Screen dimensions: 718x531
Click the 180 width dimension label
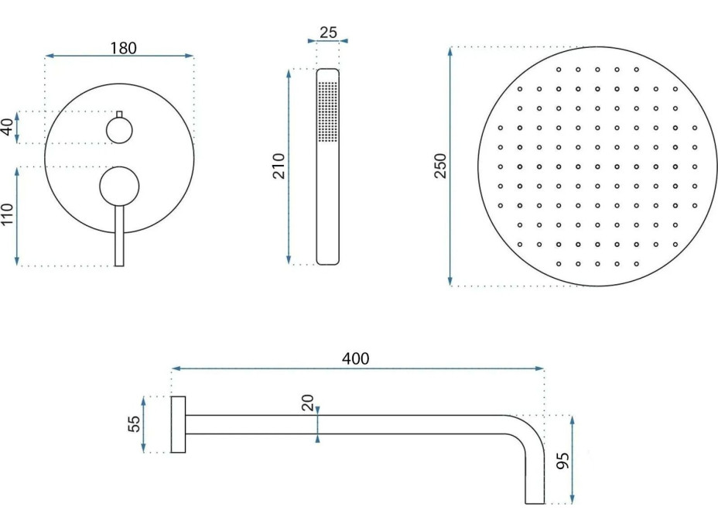pyautogui.click(x=123, y=48)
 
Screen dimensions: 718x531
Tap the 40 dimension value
pyautogui.click(x=8, y=127)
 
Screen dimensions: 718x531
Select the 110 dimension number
pyautogui.click(x=8, y=214)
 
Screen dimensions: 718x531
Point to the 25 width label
pyautogui.click(x=328, y=33)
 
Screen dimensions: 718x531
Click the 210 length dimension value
pyautogui.click(x=279, y=166)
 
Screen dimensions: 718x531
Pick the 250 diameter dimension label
pyautogui.click(x=439, y=166)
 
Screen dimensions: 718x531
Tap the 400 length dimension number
pyautogui.click(x=356, y=358)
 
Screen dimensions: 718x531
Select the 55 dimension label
pyautogui.click(x=134, y=423)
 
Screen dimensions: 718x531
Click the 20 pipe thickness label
pyautogui.click(x=308, y=403)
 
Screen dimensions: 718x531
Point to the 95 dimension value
pyautogui.click(x=562, y=460)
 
